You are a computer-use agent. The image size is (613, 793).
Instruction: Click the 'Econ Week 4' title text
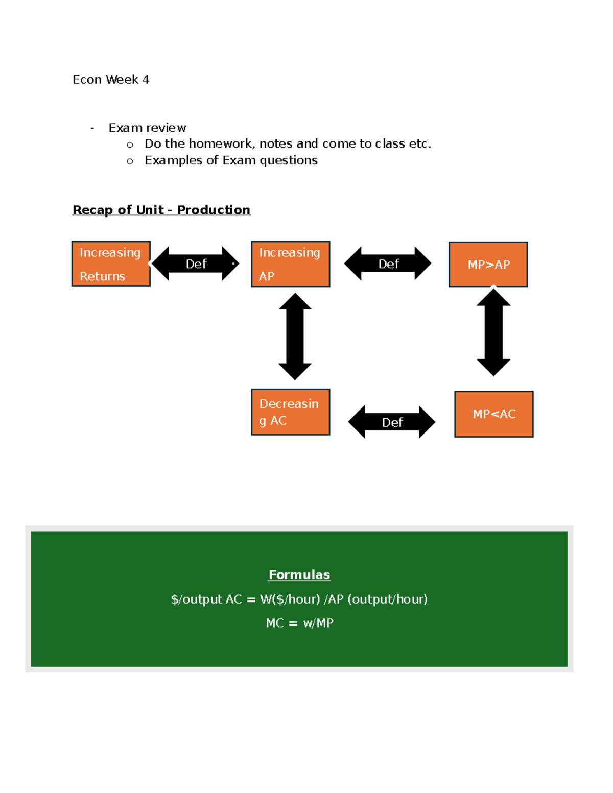point(111,80)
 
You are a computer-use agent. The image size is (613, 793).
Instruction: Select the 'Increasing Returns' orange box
point(111,264)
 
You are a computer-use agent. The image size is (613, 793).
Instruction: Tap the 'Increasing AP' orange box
point(290,264)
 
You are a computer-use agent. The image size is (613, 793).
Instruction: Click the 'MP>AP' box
point(488,265)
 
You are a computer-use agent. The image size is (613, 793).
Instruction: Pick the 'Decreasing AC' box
point(290,412)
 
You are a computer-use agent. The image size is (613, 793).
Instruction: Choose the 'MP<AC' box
point(493,414)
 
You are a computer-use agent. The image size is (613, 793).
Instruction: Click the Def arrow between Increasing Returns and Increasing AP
point(196,263)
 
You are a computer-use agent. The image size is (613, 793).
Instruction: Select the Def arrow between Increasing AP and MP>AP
point(388,263)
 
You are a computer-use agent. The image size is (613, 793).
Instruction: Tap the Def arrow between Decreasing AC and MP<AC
point(392,422)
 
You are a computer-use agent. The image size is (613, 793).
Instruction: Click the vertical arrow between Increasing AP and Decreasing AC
point(295,336)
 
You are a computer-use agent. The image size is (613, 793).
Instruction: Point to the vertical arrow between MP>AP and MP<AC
point(493,332)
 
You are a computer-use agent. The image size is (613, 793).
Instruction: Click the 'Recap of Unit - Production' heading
point(161,210)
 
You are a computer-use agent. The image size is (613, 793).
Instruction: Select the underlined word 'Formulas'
point(299,575)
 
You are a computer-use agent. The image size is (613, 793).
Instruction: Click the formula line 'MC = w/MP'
point(299,623)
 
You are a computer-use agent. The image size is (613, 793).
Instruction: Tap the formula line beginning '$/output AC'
point(299,599)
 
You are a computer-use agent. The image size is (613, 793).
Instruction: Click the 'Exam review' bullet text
point(147,128)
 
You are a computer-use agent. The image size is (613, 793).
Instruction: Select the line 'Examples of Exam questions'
point(231,160)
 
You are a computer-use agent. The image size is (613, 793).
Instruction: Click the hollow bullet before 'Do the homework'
point(130,145)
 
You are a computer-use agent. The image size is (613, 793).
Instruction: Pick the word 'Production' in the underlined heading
point(214,210)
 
